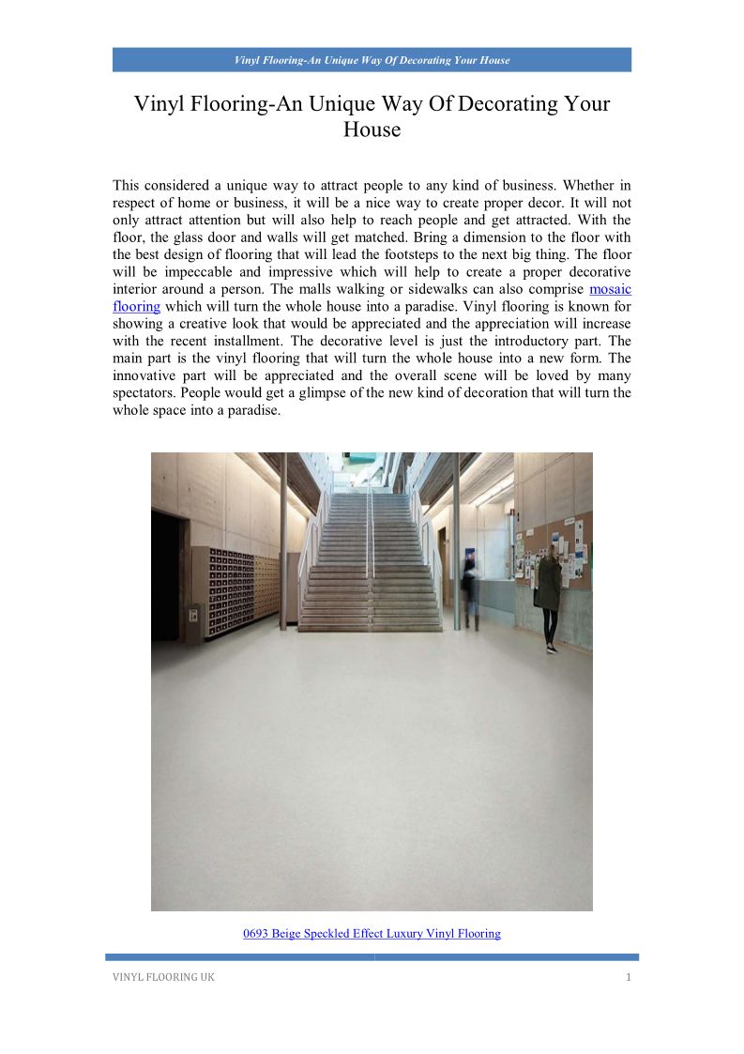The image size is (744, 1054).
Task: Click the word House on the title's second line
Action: [x=372, y=130]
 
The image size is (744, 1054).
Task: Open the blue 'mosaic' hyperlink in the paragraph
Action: [x=610, y=289]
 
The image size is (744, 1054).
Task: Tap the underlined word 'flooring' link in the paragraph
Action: [x=136, y=306]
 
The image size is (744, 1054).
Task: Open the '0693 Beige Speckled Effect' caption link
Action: [x=372, y=934]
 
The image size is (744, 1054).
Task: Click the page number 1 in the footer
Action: [x=629, y=978]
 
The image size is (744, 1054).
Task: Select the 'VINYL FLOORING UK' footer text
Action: [x=159, y=978]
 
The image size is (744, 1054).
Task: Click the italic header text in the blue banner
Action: [x=372, y=60]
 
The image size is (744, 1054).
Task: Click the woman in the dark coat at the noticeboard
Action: [x=549, y=596]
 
